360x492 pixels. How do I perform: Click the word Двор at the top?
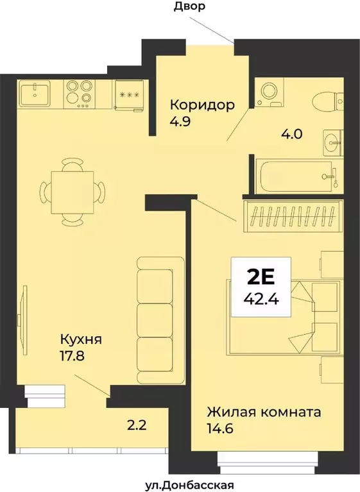(x=189, y=7)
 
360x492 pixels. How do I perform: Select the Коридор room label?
(x=201, y=105)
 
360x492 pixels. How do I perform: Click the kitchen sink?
(x=35, y=94)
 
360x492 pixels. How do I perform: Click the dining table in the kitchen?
(x=73, y=191)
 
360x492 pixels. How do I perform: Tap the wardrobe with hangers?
(x=293, y=216)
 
